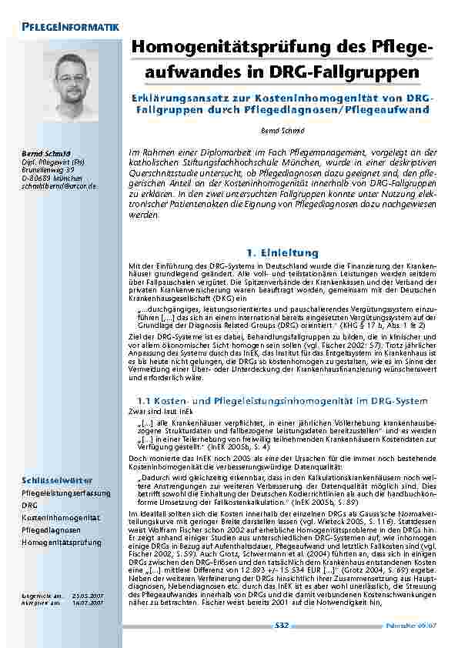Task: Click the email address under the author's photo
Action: pyautogui.click(x=59, y=186)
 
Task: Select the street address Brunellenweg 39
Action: pyautogui.click(x=48, y=170)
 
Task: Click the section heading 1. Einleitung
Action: pyautogui.click(x=276, y=252)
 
